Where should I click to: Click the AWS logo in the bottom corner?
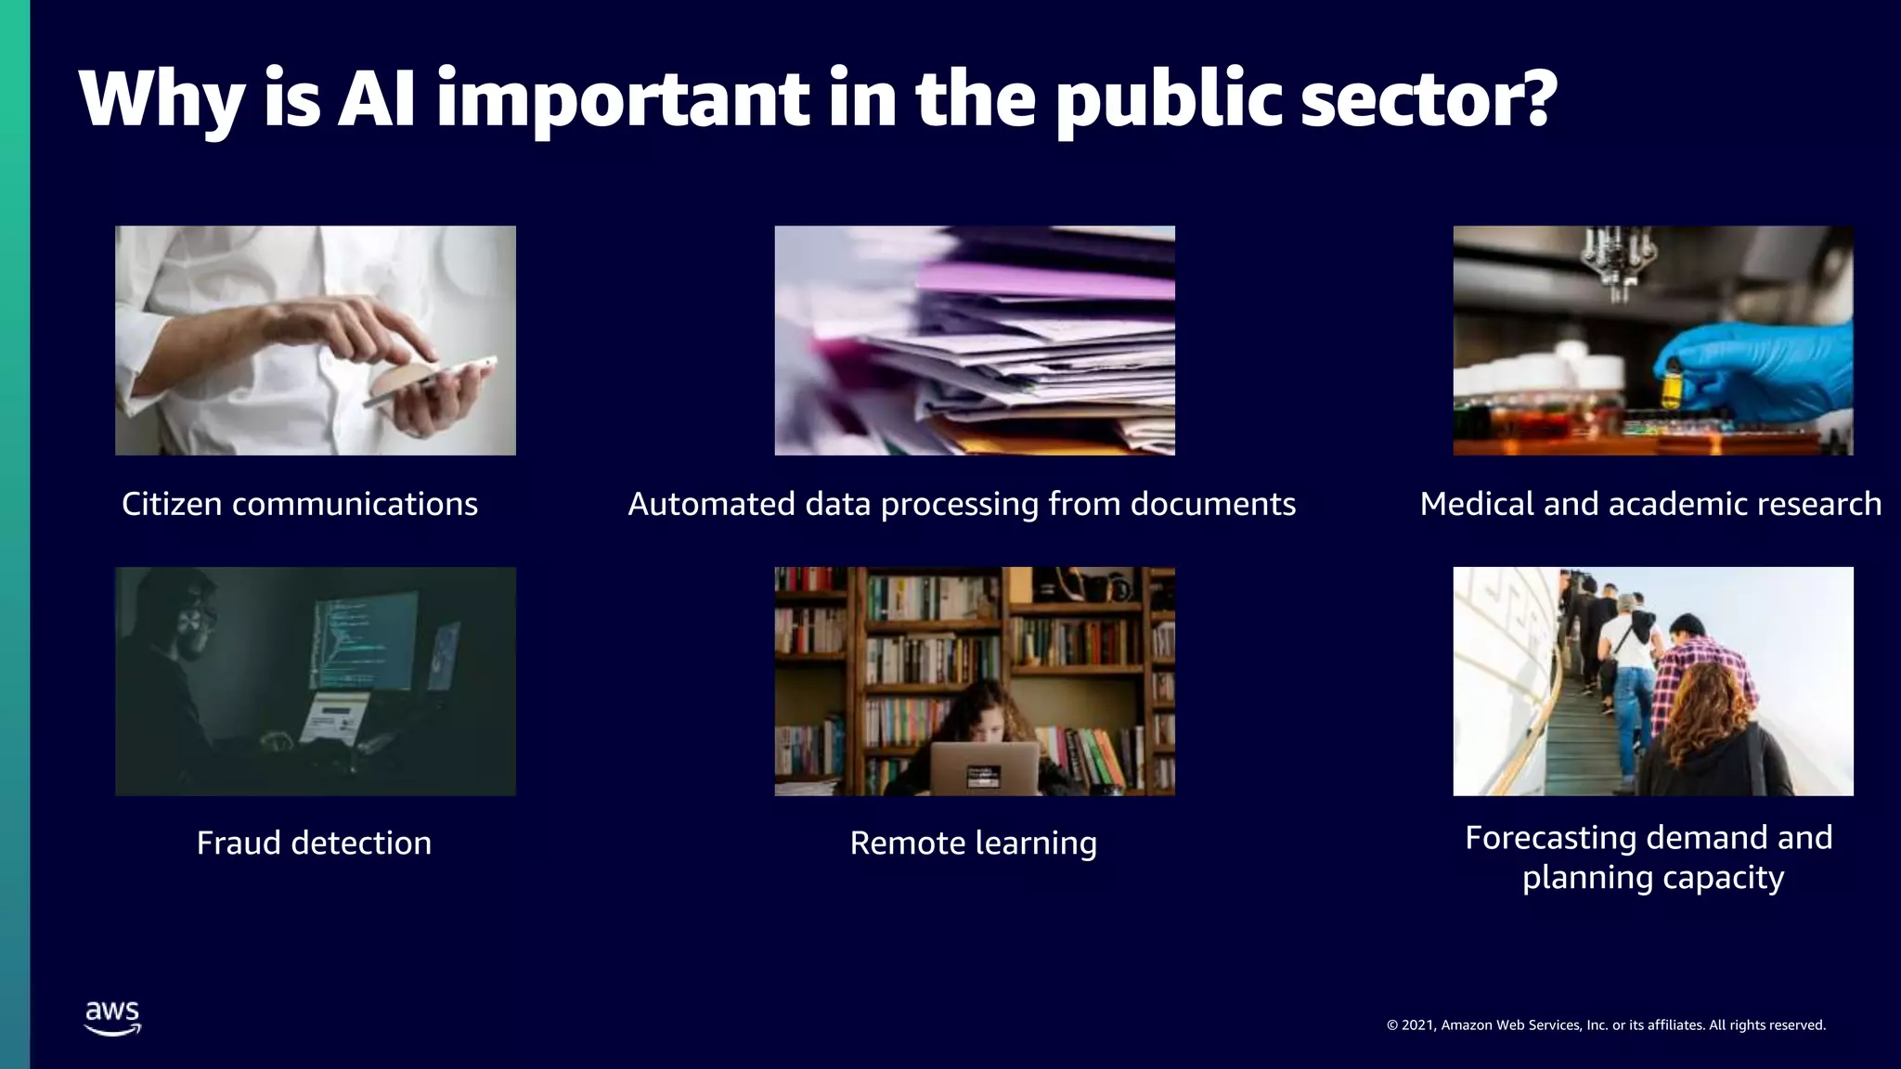tap(112, 1018)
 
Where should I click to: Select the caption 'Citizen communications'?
tap(300, 504)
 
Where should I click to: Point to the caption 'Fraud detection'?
tap(314, 843)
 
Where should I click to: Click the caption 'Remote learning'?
tap(974, 843)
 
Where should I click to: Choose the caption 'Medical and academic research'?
tap(1650, 504)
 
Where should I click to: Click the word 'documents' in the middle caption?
tap(1212, 504)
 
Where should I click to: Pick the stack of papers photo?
tap(975, 341)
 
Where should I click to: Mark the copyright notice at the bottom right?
tap(1606, 1025)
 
